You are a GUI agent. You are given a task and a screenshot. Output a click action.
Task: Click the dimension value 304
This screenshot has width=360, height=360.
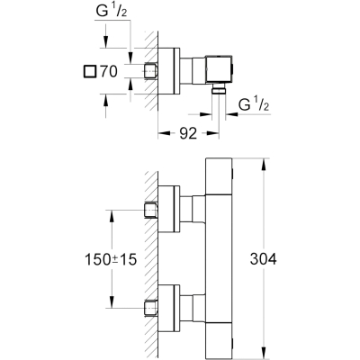pos(263,259)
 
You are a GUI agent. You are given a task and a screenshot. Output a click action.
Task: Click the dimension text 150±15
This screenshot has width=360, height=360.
pos(111,259)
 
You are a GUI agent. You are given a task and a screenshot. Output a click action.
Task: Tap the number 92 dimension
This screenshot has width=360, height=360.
pos(188,133)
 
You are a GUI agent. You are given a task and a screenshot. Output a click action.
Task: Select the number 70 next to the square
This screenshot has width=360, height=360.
pos(109,71)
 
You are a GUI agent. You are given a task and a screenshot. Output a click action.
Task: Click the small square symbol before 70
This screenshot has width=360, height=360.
pos(90,72)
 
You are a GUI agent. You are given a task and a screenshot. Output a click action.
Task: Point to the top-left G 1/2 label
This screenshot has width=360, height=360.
pos(112,12)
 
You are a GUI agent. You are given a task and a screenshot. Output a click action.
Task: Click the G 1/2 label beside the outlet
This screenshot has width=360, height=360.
pos(254,104)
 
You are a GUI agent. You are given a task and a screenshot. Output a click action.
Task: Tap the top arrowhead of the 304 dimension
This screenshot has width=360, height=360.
pos(264,165)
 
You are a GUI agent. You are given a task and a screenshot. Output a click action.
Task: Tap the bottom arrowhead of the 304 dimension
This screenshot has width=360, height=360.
pos(264,353)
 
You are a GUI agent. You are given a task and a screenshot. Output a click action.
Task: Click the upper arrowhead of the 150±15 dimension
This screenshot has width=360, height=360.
pos(112,216)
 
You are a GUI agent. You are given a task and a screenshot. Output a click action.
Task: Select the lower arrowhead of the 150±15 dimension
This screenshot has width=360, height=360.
pos(112,301)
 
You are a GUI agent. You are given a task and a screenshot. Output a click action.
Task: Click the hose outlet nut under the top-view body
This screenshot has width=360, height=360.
pos(219,89)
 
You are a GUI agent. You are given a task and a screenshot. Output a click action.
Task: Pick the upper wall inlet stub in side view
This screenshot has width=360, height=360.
pos(151,211)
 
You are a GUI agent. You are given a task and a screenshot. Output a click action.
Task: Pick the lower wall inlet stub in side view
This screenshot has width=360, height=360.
pos(151,309)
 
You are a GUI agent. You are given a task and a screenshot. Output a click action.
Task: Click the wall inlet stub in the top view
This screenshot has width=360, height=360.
pos(151,71)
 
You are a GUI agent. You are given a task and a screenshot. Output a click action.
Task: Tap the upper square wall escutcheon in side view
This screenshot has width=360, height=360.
pos(169,209)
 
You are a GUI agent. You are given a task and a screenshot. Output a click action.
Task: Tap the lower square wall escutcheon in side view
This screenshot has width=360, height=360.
pos(169,308)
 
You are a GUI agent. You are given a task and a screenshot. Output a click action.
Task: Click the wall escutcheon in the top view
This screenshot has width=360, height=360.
pos(169,71)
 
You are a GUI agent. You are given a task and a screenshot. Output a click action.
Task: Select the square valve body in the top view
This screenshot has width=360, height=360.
pos(219,68)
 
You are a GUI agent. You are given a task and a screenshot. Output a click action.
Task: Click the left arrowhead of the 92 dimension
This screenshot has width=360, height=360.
pos(165,133)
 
